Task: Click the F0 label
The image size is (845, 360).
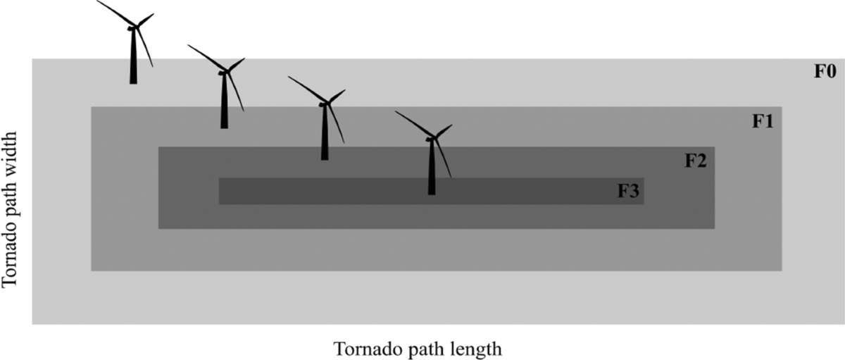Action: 825,73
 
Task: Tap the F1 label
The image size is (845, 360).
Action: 763,121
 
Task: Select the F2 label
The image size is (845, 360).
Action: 696,161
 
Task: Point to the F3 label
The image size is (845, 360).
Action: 628,191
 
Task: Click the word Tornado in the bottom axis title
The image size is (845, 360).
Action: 362,349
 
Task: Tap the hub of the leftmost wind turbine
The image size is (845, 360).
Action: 133,27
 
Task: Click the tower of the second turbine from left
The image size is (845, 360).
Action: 224,102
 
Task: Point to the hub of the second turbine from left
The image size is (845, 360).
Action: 225,72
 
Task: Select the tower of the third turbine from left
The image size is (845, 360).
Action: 325,134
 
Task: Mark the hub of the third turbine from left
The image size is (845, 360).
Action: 325,104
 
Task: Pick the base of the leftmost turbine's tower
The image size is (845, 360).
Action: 133,82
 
